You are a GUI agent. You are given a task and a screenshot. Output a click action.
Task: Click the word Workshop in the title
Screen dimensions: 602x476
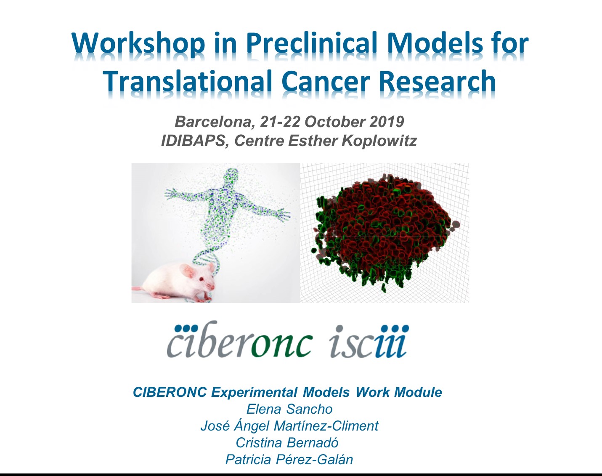138,44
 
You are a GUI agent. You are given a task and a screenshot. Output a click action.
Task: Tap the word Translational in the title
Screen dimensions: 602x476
189,80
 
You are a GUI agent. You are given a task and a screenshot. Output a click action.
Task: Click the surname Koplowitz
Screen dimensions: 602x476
379,141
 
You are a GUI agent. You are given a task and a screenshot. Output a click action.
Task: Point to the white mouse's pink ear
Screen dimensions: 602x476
187,271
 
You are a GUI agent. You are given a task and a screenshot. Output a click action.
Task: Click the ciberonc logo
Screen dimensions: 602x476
239,340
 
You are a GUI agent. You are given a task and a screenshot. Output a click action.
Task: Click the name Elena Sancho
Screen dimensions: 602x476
289,409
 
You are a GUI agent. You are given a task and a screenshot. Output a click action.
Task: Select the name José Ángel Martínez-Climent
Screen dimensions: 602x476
289,425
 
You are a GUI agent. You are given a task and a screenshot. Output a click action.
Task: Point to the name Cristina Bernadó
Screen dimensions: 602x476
287,443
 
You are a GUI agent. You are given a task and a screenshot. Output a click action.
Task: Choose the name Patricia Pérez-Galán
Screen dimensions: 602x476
289,460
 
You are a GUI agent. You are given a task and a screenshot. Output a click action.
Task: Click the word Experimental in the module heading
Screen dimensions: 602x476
254,392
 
